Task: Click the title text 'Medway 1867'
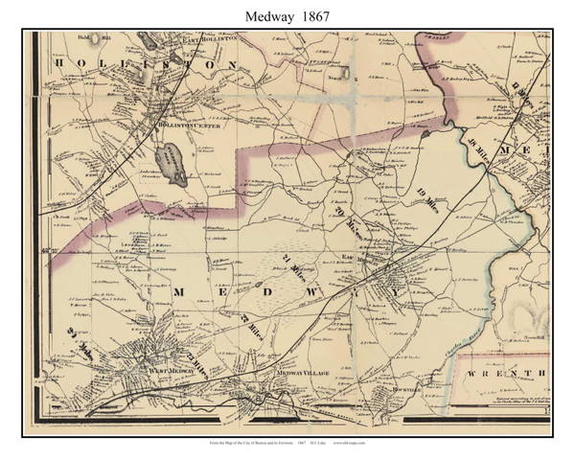287,13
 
